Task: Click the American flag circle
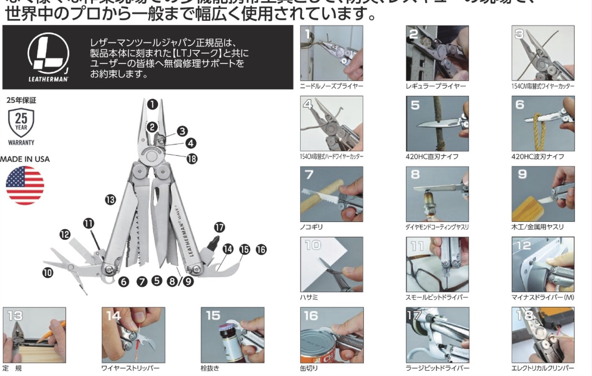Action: coord(25,186)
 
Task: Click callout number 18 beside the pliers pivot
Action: coord(191,158)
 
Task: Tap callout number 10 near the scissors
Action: coord(48,273)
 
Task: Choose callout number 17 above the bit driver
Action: coord(220,227)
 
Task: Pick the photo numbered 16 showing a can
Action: coord(331,335)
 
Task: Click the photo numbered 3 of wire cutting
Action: coord(543,54)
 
